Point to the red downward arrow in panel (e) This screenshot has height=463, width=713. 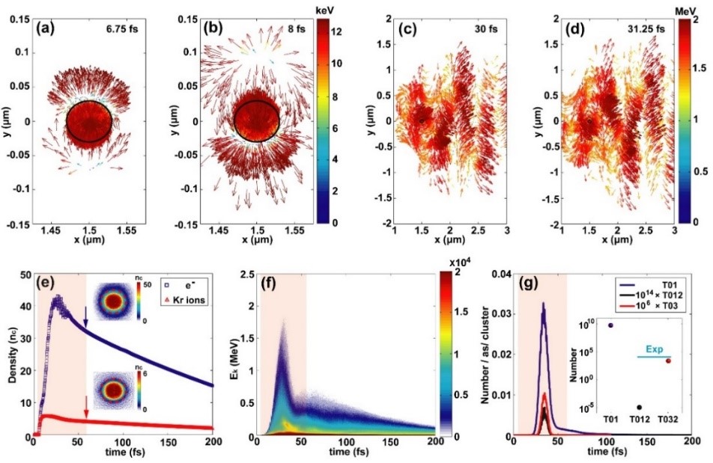(x=86, y=404)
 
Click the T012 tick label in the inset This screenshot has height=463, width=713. (x=639, y=418)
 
